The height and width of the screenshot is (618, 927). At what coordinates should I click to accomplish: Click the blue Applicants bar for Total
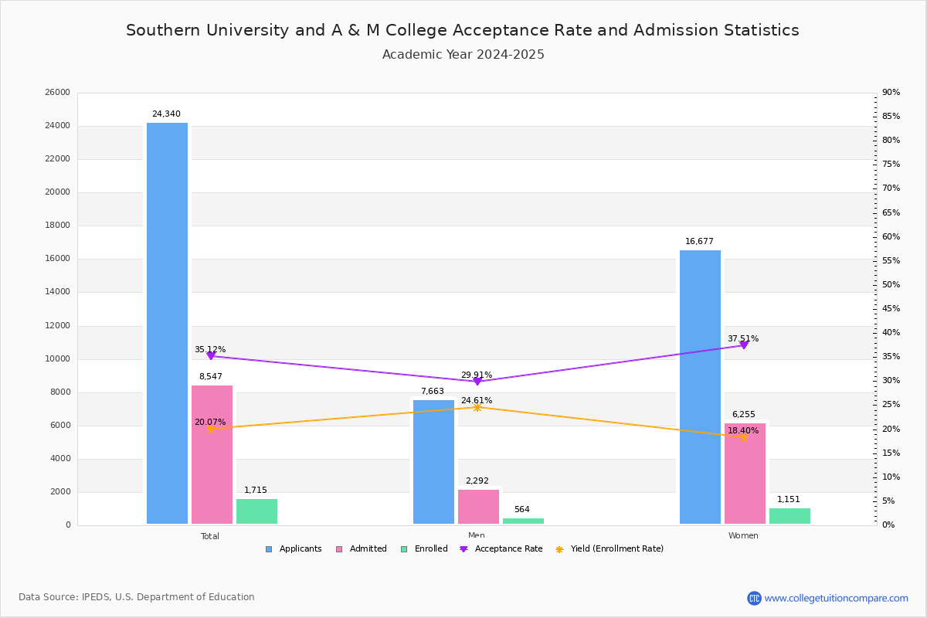pos(167,324)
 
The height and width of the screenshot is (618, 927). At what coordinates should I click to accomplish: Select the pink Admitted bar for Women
pos(745,474)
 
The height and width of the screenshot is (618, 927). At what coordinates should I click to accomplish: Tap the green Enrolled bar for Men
pos(523,521)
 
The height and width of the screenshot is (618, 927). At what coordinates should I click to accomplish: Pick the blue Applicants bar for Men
pos(433,462)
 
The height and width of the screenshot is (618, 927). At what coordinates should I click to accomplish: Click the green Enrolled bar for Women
pos(789,516)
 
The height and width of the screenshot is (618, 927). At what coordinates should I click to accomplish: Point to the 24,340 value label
pos(166,114)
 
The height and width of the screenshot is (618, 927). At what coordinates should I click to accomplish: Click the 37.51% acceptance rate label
pos(742,338)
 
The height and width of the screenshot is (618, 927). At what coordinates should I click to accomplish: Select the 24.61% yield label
pos(477,400)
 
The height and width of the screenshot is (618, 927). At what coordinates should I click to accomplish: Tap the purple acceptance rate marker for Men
pos(477,381)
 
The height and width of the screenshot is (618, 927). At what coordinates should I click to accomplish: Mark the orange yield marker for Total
pos(210,429)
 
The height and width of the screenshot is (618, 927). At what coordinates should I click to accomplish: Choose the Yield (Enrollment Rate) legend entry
pos(616,549)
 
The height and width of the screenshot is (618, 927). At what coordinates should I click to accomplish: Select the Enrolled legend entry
pos(430,549)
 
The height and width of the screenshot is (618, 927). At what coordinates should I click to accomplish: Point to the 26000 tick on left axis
pos(58,93)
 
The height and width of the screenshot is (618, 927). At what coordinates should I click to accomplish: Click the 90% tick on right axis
pos(891,93)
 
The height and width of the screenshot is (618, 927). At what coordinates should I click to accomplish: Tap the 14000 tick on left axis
pos(58,292)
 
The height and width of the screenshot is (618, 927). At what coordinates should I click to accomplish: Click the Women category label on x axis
pos(743,536)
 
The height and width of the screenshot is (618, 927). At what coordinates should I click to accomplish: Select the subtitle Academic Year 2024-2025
pos(463,55)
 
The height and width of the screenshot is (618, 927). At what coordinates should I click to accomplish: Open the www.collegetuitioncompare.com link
pos(836,598)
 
